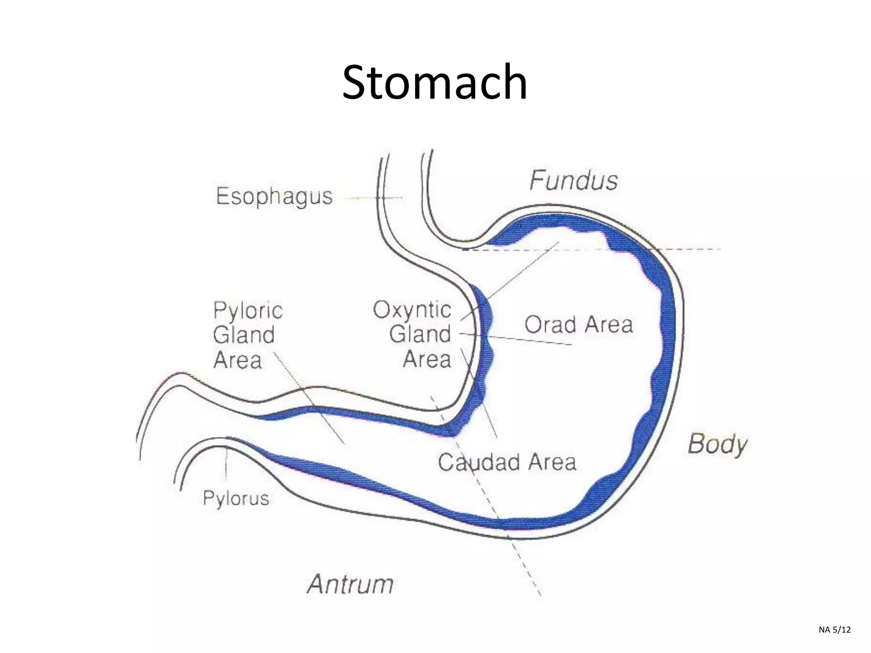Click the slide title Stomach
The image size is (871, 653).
(435, 82)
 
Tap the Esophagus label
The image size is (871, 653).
(274, 196)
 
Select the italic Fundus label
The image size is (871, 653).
(573, 180)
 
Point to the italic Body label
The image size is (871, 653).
(717, 444)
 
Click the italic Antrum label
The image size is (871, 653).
(350, 584)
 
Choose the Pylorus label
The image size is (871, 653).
(236, 498)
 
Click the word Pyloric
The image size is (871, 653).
(248, 310)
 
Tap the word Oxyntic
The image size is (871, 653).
(412, 309)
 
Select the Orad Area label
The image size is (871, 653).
(578, 325)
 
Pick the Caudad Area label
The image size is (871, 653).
(507, 462)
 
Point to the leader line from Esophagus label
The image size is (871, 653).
(372, 198)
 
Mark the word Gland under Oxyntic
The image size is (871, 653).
(420, 334)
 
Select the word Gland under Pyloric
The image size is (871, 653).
(244, 335)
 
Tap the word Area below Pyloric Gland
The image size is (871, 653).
(237, 360)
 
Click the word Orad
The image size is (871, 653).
(550, 325)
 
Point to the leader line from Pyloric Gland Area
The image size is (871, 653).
(308, 397)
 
